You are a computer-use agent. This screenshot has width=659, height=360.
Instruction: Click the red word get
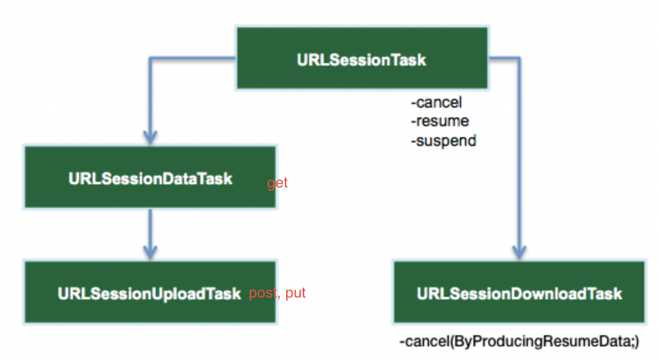(278, 183)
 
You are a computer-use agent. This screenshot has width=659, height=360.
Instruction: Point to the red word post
(263, 293)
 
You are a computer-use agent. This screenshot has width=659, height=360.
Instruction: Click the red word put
(295, 293)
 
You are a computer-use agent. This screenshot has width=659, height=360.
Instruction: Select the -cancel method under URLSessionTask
(436, 102)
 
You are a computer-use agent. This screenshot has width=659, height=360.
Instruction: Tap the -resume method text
(440, 121)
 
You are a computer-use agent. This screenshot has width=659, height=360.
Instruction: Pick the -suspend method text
(443, 140)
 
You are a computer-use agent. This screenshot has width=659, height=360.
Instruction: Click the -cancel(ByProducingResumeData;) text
(519, 341)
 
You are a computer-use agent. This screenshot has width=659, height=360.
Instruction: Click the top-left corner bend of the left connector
(150, 59)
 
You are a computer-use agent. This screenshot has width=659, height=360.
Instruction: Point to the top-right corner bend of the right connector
(519, 59)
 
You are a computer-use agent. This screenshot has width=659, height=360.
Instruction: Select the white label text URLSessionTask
(362, 60)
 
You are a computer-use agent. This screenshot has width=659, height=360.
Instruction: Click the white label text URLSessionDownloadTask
(519, 293)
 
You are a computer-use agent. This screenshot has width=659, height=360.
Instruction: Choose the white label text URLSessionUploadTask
(149, 293)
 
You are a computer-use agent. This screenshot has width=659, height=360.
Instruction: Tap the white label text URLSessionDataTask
(150, 179)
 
